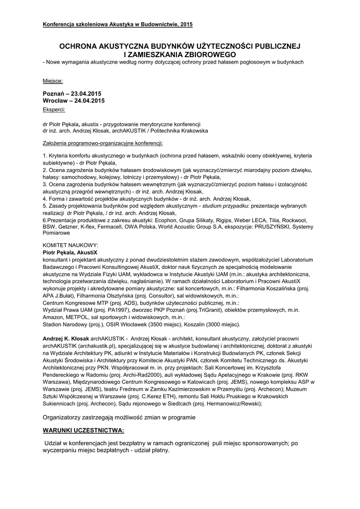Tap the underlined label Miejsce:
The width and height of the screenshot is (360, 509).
click(53, 81)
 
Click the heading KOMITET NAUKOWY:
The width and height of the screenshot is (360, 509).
click(71, 246)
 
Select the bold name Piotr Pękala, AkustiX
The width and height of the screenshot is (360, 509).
click(70, 253)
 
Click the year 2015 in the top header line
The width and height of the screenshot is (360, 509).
click(185, 24)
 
